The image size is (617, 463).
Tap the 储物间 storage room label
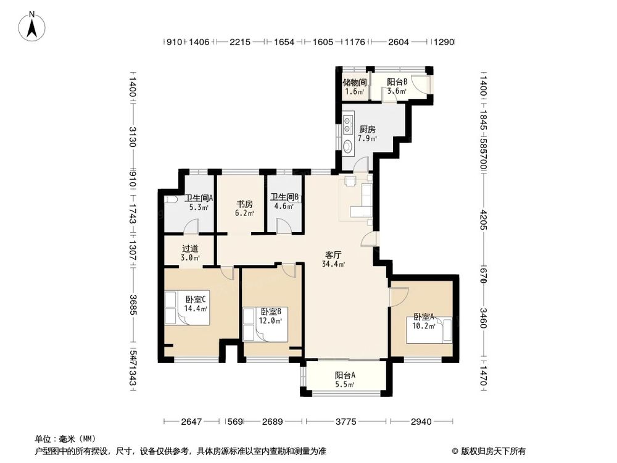355,82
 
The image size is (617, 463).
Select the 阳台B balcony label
397,82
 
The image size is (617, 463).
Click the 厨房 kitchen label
367,130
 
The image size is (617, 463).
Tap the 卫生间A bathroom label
199,199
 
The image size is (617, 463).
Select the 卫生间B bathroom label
284,198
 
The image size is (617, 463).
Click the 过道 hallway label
190,248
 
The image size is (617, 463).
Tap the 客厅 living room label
334,254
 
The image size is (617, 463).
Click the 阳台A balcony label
345,375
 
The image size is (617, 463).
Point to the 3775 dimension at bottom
346,422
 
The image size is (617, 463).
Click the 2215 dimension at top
240,43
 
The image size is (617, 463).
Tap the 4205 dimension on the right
484,219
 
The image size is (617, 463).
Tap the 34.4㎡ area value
333,264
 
